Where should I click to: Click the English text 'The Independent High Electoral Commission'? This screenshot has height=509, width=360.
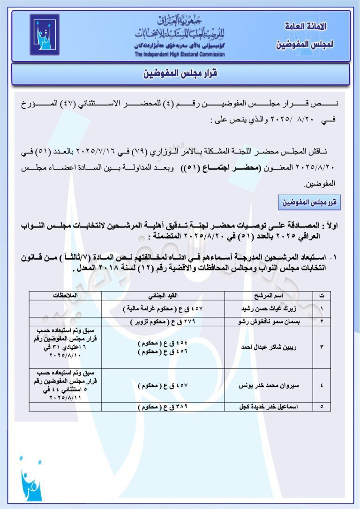tap(180, 54)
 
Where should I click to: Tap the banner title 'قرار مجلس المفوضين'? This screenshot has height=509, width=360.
tap(180, 74)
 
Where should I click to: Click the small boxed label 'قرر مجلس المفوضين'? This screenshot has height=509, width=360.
tap(308, 203)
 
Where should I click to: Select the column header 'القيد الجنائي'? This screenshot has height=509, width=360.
tap(163, 295)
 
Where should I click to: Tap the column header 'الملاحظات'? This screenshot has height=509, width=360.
tap(65, 295)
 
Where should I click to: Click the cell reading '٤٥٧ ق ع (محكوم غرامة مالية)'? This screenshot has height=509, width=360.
tap(163, 309)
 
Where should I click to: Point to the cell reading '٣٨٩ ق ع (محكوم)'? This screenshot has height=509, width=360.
tap(163, 407)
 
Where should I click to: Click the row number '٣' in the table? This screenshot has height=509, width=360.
tap(321, 347)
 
